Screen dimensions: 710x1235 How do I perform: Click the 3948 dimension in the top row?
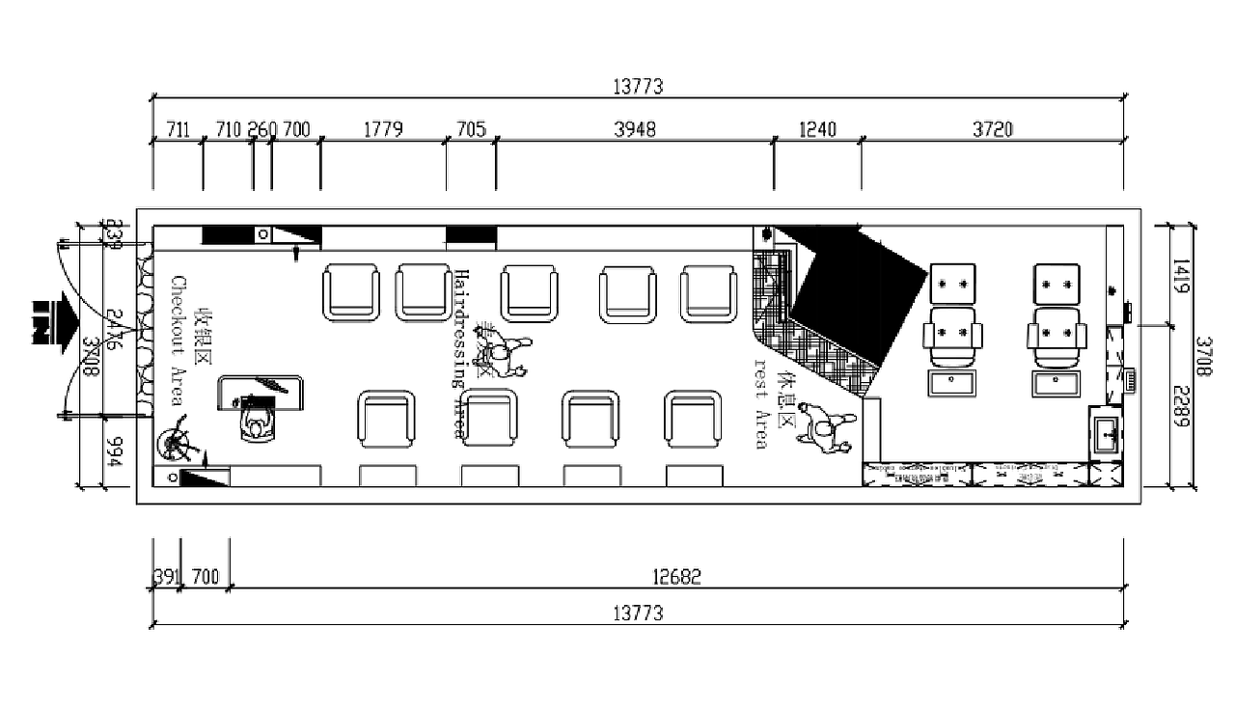(635, 129)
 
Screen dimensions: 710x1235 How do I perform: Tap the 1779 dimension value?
(383, 129)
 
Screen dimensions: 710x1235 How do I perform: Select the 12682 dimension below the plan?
(676, 577)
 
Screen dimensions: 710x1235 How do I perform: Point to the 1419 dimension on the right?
(1182, 275)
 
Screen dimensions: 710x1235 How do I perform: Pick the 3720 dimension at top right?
(993, 129)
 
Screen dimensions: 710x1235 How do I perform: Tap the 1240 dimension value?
(818, 129)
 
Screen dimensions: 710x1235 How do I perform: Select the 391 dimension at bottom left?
(167, 577)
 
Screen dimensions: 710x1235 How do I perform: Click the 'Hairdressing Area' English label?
(460, 353)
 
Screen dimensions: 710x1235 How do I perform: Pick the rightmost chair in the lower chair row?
(693, 419)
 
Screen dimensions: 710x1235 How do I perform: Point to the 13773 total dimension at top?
(638, 87)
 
